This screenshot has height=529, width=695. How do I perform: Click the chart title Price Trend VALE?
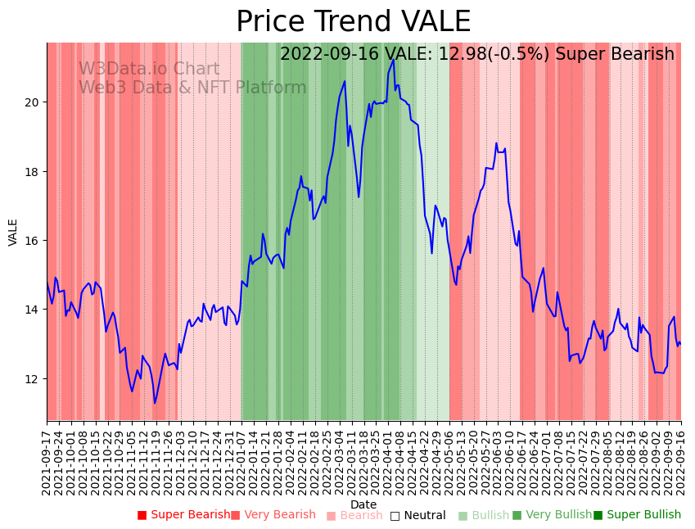tap(353, 22)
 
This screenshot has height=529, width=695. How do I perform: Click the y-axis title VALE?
tap(13, 232)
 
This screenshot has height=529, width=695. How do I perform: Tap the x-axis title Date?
tap(363, 504)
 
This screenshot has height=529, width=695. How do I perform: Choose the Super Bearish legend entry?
tap(184, 515)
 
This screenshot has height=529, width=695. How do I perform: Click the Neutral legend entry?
tap(417, 515)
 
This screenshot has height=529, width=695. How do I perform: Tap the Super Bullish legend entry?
tap(637, 515)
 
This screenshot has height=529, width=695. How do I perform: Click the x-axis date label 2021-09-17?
tap(47, 459)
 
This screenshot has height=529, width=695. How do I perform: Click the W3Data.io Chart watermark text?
tap(149, 70)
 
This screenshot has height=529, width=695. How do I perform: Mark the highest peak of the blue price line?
tap(394, 59)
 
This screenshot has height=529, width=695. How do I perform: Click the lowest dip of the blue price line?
tap(155, 403)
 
